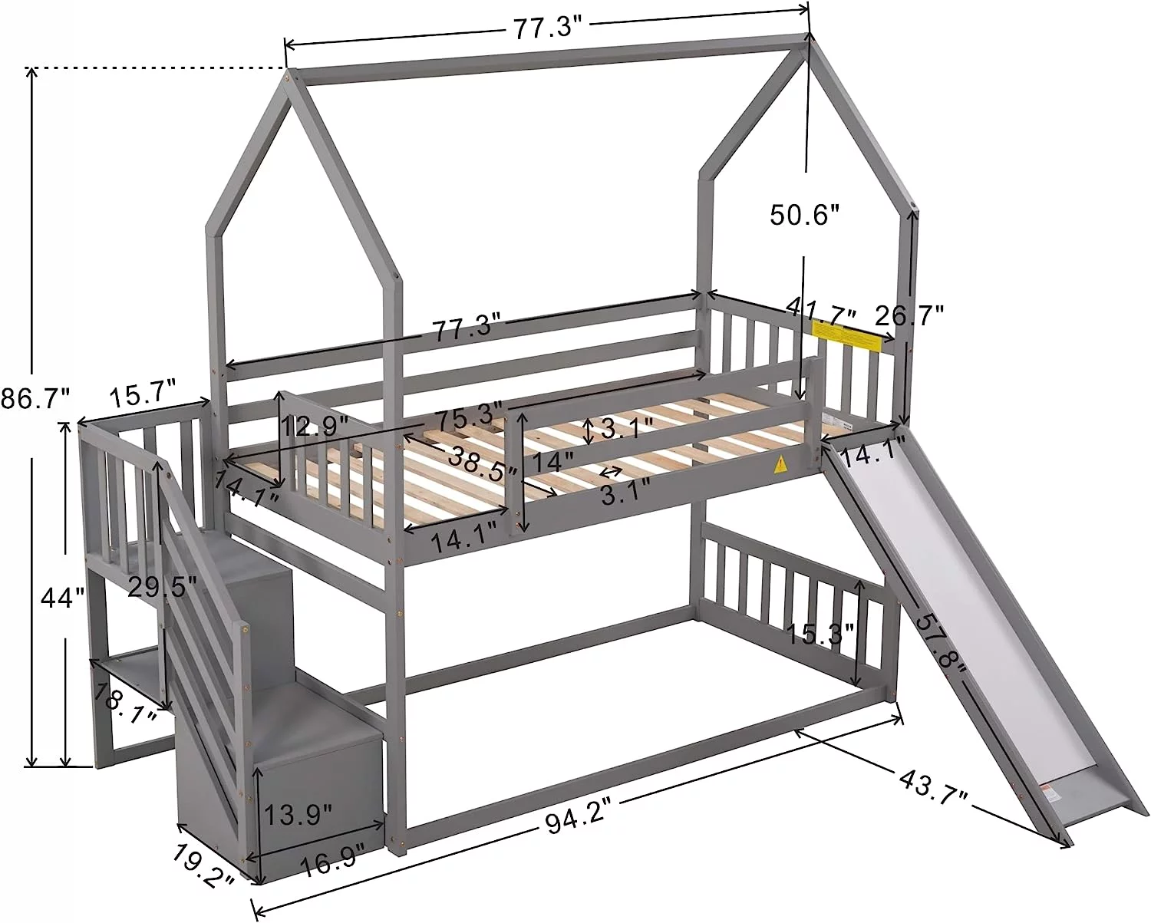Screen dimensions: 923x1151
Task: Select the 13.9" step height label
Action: [297, 813]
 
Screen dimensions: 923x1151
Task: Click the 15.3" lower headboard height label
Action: [820, 634]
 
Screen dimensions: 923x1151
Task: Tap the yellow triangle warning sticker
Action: [781, 464]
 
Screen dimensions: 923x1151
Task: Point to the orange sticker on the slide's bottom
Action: [1051, 790]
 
